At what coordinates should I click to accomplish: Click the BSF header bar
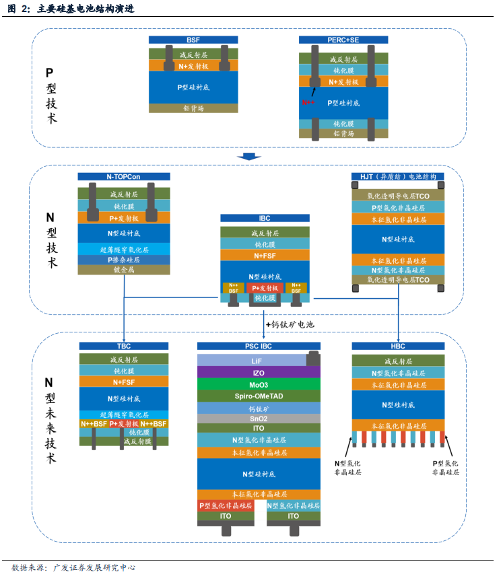click(x=193, y=40)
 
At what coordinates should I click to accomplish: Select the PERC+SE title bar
click(x=343, y=40)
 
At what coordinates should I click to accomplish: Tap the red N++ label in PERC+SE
click(x=309, y=102)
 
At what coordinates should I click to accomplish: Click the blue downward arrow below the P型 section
click(x=250, y=157)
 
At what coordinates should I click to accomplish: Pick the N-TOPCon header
click(x=124, y=177)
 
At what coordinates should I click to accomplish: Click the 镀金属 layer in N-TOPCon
click(x=124, y=269)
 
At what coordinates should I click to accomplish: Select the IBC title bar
click(x=265, y=219)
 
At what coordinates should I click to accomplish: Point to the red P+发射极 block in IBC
click(x=265, y=287)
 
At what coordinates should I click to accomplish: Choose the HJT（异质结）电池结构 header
click(x=397, y=177)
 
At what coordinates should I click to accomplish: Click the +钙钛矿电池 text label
click(x=290, y=324)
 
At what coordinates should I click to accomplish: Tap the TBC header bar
click(x=124, y=347)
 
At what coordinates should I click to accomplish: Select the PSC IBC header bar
click(x=259, y=347)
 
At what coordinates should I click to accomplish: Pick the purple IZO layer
click(x=259, y=372)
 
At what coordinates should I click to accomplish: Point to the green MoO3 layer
click(x=259, y=384)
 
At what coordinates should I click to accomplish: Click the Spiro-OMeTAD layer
click(x=259, y=396)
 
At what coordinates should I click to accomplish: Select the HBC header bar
click(x=398, y=347)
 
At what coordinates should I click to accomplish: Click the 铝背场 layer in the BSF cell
click(x=193, y=108)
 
